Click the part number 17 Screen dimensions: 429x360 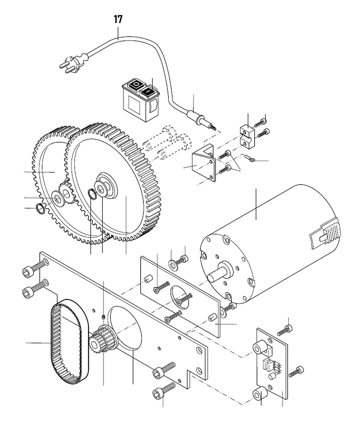(x=118, y=19)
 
